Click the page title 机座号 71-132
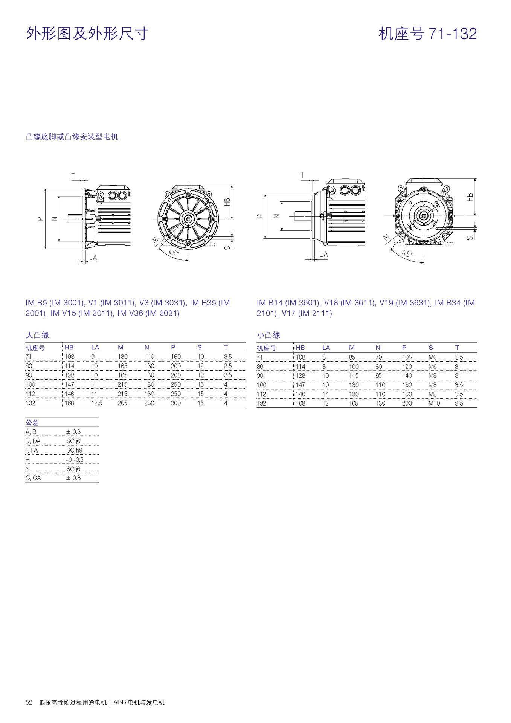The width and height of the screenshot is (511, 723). tap(427, 34)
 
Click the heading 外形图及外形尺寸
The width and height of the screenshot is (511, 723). tap(87, 34)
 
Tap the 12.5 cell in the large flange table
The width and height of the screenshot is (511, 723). tap(96, 403)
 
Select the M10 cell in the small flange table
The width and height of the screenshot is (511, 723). tap(434, 403)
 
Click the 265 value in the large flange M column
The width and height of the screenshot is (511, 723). tap(122, 403)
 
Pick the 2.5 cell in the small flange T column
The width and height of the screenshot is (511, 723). tap(459, 357)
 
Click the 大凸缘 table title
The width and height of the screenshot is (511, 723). tap(37, 335)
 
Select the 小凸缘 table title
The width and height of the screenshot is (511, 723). tap(268, 335)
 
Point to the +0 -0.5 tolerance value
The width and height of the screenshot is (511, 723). tap(74, 459)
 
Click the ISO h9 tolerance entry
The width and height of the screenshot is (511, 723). tap(73, 450)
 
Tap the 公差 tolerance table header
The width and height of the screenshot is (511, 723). tap(32, 423)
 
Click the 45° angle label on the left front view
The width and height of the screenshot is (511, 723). tap(174, 252)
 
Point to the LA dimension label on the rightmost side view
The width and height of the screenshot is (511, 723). tap(323, 255)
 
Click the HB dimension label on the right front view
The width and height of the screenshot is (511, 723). tap(470, 197)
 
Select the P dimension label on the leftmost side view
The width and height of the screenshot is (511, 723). tap(40, 218)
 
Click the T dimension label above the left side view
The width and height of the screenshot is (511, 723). tap(73, 175)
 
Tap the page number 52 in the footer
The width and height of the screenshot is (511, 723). tap(29, 702)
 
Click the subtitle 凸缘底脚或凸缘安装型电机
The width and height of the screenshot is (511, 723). tap(72, 137)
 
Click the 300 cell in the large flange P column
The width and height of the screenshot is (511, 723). tap(175, 403)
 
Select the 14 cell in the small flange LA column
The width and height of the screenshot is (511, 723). tap(325, 394)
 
